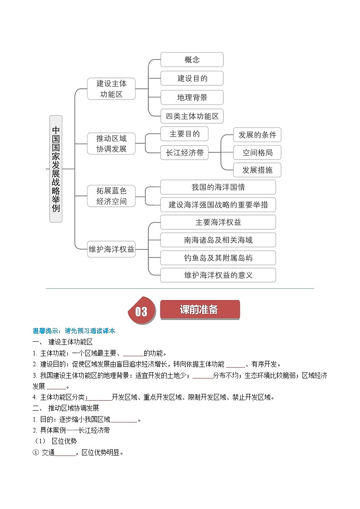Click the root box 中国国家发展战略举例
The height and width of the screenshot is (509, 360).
coord(56,169)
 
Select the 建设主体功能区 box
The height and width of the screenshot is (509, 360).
coord(111,89)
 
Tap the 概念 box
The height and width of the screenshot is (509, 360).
coord(192,59)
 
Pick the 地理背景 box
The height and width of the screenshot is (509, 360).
coord(192,97)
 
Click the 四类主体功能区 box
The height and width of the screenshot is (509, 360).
coord(192,116)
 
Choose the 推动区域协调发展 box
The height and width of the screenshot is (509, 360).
coord(111,143)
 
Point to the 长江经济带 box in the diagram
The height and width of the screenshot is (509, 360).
coord(184,153)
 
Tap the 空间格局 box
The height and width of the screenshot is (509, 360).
coord(257,152)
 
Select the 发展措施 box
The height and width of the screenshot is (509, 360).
coord(257,170)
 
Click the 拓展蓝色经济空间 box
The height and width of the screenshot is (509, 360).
coord(111,196)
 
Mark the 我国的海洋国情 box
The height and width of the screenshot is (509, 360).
coord(218,187)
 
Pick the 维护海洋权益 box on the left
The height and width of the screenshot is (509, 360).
coord(111,249)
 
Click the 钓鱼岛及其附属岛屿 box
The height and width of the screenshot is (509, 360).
coord(218,257)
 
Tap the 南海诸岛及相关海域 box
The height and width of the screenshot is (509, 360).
coord(218,240)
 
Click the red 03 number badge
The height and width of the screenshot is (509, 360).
coord(141,311)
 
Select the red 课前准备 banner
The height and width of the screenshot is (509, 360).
coord(199,310)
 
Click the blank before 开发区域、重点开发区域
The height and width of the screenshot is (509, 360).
coord(101,397)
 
